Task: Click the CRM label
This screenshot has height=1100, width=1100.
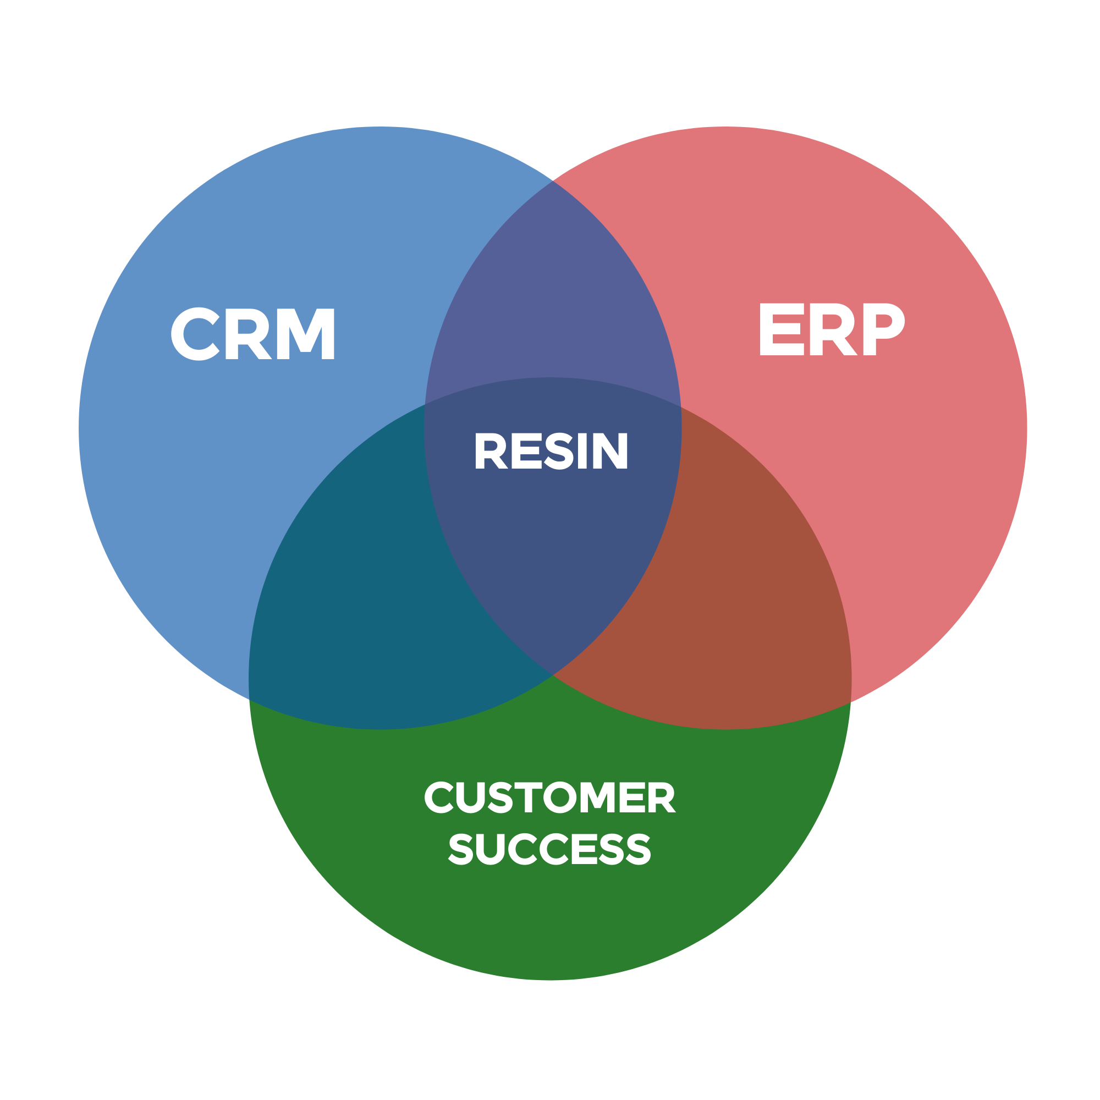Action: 253,334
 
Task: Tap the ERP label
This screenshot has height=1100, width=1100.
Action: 831,329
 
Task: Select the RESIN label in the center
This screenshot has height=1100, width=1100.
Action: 551,451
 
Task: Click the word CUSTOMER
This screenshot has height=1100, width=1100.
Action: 549,798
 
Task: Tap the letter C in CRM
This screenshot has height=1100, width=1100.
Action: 195,334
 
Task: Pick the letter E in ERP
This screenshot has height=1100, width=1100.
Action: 781,329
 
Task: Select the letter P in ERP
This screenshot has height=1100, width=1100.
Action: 883,329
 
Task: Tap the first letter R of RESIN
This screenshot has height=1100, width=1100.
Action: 490,451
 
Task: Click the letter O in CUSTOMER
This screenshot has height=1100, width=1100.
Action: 570,798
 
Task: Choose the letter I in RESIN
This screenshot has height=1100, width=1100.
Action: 582,451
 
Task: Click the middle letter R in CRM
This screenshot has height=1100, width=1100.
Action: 247,334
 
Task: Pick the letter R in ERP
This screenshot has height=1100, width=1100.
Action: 832,329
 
